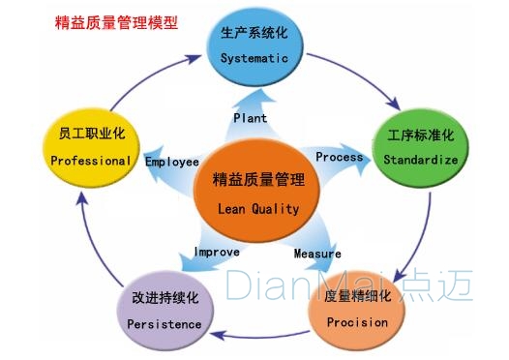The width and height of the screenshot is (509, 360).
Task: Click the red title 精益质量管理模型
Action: (117, 20)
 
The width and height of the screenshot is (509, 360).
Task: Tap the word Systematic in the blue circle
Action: (254, 58)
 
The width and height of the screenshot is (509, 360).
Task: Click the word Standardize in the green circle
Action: (420, 159)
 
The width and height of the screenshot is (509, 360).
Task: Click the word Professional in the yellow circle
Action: (89, 161)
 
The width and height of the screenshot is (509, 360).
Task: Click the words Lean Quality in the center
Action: (257, 208)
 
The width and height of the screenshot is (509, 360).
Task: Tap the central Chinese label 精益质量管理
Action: (257, 180)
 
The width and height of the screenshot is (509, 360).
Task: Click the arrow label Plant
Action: (250, 118)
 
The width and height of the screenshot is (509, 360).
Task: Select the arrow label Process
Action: (340, 157)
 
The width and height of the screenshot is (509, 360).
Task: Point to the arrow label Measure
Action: (317, 254)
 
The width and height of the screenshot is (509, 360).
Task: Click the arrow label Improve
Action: (216, 252)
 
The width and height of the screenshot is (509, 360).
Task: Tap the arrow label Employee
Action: (171, 162)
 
